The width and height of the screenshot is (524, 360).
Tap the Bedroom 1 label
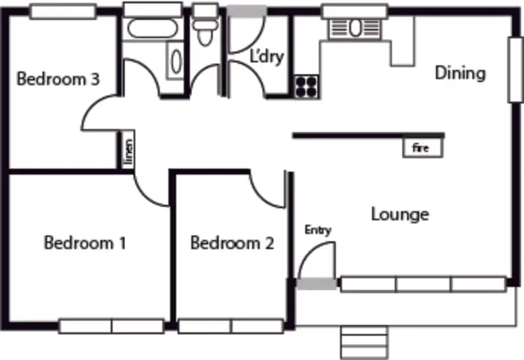coord(85,243)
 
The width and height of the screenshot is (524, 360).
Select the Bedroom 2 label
coord(232,243)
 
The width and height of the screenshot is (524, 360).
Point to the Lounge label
coord(400,214)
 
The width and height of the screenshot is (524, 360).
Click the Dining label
coord(460,73)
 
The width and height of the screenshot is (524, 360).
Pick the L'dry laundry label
coord(267,57)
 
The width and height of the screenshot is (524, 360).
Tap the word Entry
coord(318,230)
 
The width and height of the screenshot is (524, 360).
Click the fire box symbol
coord(421,148)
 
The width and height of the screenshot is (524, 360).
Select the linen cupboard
coord(128,151)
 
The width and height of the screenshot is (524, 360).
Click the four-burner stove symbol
coord(305,86)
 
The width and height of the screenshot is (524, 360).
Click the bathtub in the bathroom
coord(151,29)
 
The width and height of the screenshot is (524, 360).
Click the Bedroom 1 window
coord(111,326)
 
